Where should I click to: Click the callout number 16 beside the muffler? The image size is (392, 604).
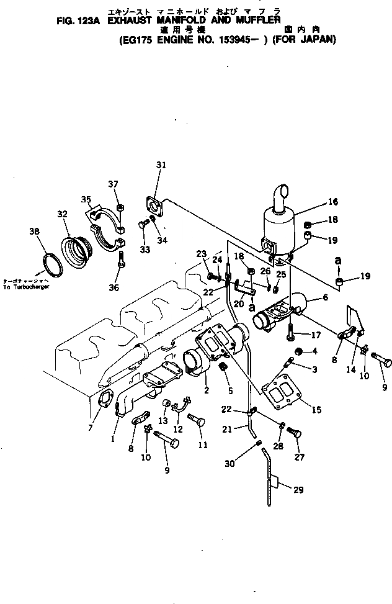click(333, 202)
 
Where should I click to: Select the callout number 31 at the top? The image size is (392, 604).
click(161, 165)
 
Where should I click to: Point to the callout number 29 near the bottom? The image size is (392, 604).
click(298, 490)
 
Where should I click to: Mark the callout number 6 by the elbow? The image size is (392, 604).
click(325, 297)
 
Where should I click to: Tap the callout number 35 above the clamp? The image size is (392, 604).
click(86, 199)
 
